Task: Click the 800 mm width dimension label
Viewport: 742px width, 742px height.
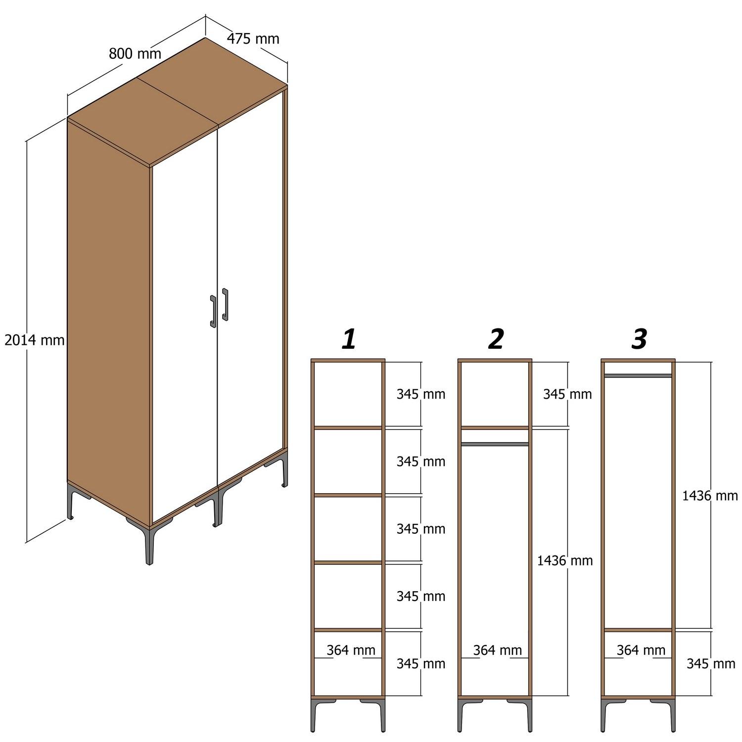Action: coord(135,53)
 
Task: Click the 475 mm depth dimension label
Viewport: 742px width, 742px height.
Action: coord(253,39)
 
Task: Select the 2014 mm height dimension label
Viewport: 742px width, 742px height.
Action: coord(35,340)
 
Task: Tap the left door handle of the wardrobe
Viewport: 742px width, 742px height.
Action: coord(213,312)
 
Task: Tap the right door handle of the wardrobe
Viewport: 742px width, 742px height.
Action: coord(225,305)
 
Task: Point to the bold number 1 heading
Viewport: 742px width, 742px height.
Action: coord(349,339)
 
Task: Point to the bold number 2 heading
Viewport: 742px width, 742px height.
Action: coord(495,339)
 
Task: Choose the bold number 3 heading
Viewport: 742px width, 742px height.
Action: coord(639,339)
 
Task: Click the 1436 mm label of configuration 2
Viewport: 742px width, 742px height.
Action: coord(565,560)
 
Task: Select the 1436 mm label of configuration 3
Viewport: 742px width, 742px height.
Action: coord(710,496)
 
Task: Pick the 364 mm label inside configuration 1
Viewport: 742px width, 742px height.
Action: coord(351,650)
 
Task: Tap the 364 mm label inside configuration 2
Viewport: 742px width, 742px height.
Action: coord(497,650)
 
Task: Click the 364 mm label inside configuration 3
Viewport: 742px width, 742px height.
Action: coord(641,650)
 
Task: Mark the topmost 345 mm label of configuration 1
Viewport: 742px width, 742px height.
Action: coord(420,394)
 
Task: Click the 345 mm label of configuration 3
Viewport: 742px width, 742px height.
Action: coord(711,663)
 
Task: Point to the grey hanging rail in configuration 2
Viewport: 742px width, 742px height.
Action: coord(495,444)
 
